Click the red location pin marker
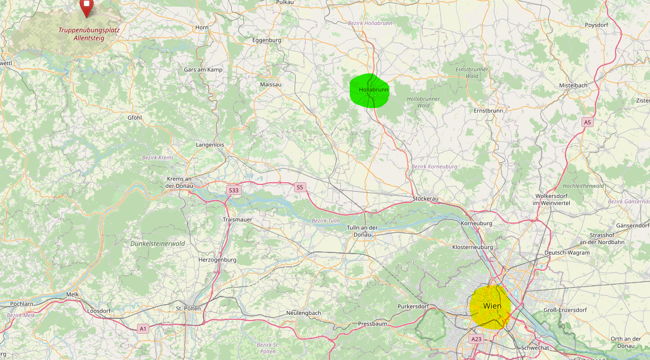click(x=86, y=7)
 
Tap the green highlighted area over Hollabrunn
click(x=369, y=90)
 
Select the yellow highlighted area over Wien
click(x=490, y=307)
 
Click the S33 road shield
click(x=233, y=190)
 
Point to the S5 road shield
click(x=300, y=187)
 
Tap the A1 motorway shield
click(x=143, y=329)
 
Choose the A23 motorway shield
click(x=476, y=339)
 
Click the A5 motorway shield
click(x=587, y=121)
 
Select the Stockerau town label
click(x=426, y=198)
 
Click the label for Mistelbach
click(x=573, y=85)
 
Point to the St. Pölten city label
click(x=188, y=308)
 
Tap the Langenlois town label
click(x=210, y=144)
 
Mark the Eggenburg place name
click(x=267, y=40)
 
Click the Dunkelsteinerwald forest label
click(x=158, y=244)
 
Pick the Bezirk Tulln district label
click(x=326, y=221)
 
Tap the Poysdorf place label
click(x=596, y=25)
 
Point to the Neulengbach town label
click(x=304, y=313)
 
